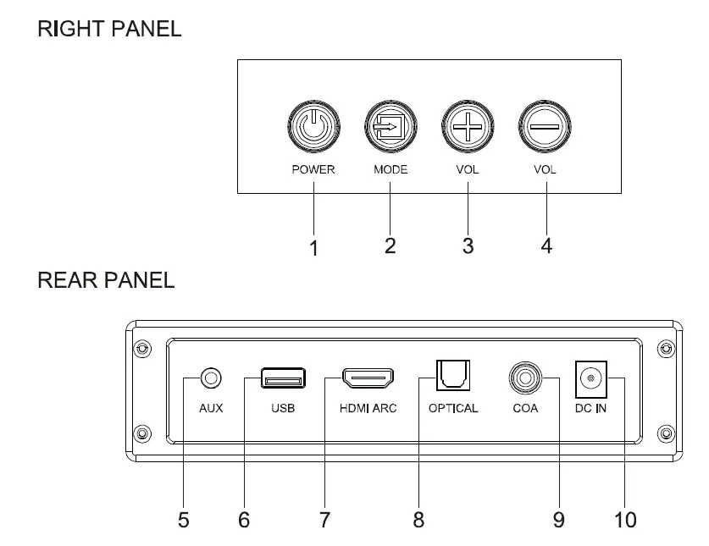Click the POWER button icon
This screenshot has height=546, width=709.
pos(313,130)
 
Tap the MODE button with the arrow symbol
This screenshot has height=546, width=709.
pos(391,130)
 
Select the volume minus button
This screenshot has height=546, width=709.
pos(545,130)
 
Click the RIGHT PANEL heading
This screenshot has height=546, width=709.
pos(109,29)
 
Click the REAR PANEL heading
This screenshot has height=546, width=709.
pos(106,280)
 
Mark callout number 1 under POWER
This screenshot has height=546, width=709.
pos(313,248)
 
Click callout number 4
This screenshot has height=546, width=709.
pos(546,246)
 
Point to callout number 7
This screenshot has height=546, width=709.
pos(324,520)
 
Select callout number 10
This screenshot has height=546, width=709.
pos(624,519)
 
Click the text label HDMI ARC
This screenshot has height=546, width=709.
pos(368,408)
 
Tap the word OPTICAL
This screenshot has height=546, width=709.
pos(453,408)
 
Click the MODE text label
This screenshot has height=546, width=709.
pos(391,169)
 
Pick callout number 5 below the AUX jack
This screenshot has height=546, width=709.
pos(183,520)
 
